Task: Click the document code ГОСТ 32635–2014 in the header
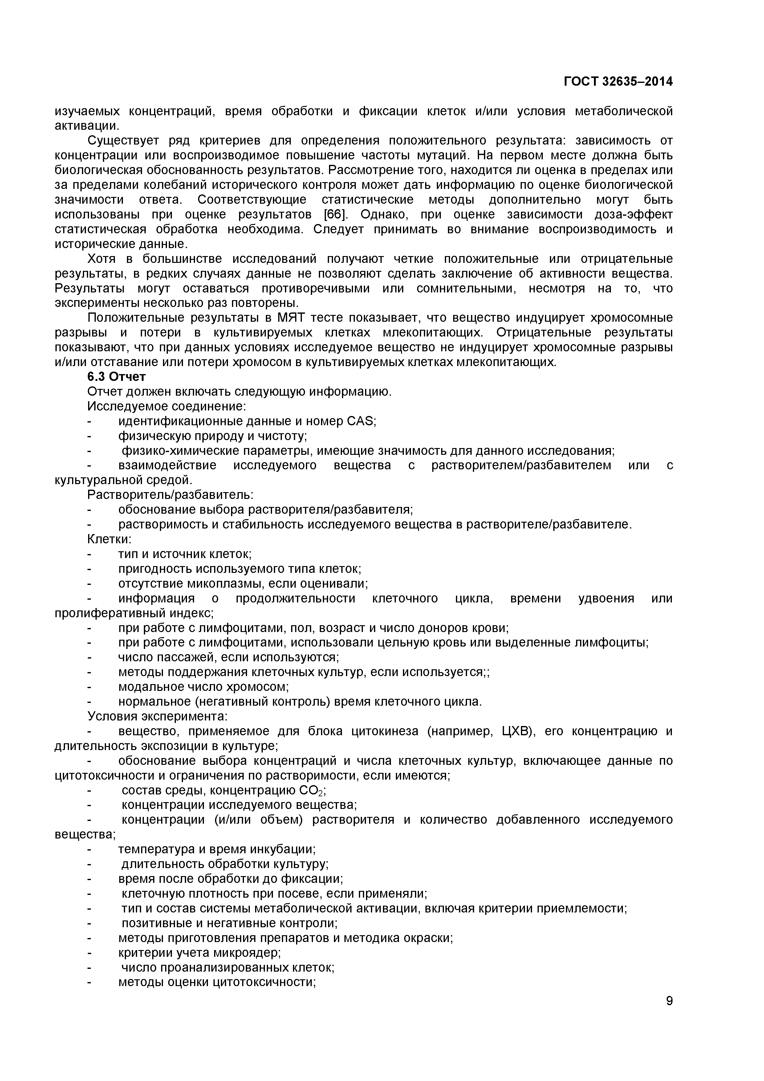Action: (x=618, y=81)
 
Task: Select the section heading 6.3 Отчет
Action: (x=116, y=377)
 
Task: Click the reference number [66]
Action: (x=335, y=215)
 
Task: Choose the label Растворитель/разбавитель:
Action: (x=170, y=495)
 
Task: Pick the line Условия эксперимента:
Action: (x=157, y=716)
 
